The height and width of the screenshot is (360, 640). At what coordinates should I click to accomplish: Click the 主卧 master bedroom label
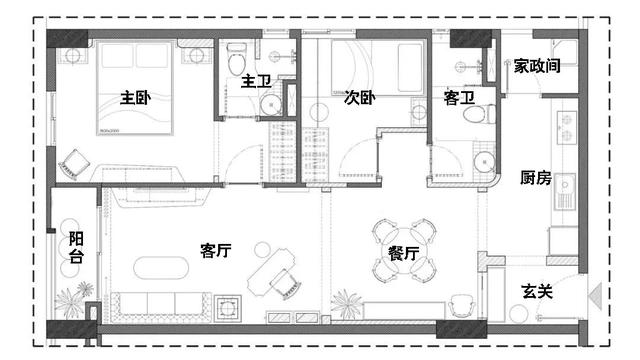pos(136,98)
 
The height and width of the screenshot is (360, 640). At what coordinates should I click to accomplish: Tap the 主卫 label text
pos(256,81)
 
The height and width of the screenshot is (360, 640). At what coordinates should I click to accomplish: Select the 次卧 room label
pos(359,98)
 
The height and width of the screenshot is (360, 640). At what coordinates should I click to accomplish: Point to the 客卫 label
pos(459,98)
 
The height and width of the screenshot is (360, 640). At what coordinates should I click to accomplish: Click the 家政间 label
pos(537,66)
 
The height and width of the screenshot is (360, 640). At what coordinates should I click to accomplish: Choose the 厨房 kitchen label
pos(536,178)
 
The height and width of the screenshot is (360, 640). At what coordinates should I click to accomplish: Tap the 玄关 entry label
pos(537,291)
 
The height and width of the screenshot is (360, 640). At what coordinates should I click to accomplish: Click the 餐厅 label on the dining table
pos(403,253)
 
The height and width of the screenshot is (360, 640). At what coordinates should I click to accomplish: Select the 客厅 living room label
pos(216,250)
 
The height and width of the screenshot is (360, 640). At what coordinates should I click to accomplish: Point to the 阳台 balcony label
pos(76,247)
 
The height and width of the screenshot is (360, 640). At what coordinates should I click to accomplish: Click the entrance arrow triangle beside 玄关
pos(595,295)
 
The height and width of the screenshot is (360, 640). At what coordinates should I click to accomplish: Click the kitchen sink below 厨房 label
pos(564,191)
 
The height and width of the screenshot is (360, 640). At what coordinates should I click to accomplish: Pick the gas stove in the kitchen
pos(567,127)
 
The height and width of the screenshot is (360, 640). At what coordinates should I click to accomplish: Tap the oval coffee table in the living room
pos(161,267)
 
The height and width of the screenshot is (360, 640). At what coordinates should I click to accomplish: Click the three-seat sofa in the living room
pos(161,307)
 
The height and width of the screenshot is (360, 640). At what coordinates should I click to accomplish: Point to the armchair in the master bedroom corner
pos(75,164)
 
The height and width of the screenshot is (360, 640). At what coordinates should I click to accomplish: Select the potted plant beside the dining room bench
pos(346,304)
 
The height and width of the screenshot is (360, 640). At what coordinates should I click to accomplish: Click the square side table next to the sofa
pos(227,308)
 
